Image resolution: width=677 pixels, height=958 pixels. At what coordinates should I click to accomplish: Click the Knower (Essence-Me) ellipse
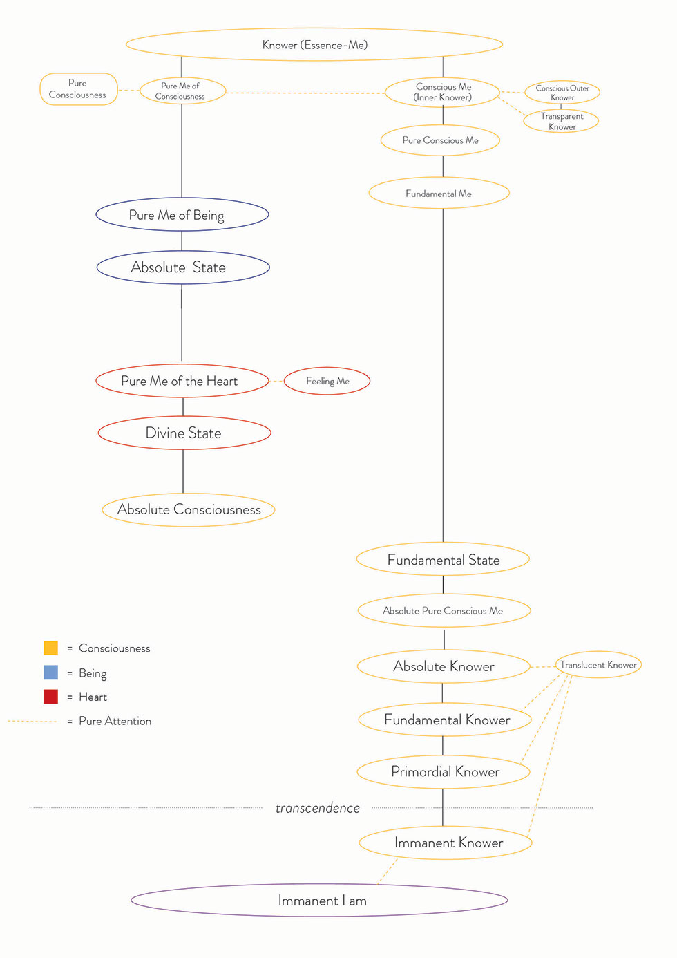tap(314, 44)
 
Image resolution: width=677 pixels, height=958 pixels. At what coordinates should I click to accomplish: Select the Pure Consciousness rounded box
tap(79, 89)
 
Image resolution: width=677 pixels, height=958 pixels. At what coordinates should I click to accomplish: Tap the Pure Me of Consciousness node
tap(182, 91)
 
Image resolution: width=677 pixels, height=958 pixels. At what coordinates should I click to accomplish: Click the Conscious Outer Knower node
tap(562, 93)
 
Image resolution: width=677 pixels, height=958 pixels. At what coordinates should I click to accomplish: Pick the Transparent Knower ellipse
tap(561, 121)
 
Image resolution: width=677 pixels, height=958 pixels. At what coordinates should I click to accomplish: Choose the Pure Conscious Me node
tap(440, 140)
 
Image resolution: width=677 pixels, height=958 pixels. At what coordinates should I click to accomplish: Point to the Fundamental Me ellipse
tap(439, 194)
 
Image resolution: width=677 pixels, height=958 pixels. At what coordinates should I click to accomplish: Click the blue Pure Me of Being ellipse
tap(182, 214)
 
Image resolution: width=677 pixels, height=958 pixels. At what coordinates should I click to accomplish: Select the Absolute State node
tap(183, 267)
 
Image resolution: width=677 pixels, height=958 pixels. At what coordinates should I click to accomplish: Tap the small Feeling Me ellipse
tap(327, 381)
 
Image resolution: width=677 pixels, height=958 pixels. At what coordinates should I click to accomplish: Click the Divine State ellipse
tap(184, 433)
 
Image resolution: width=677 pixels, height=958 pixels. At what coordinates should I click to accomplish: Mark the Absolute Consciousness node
tap(189, 510)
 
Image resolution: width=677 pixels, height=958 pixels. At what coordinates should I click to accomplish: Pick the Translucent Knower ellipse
tap(598, 665)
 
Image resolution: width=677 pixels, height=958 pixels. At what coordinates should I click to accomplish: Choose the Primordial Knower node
tap(444, 772)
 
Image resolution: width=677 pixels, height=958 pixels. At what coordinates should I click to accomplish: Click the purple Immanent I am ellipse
tap(319, 900)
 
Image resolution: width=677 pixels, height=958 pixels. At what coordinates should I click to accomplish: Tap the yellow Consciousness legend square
tap(51, 648)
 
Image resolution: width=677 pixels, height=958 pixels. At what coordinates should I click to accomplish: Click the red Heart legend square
tap(51, 697)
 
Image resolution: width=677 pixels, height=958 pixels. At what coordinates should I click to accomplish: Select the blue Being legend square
tap(51, 673)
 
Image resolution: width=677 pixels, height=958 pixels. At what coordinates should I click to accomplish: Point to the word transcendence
tap(318, 808)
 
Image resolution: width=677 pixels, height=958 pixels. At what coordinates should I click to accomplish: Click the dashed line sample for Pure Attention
tap(32, 722)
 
